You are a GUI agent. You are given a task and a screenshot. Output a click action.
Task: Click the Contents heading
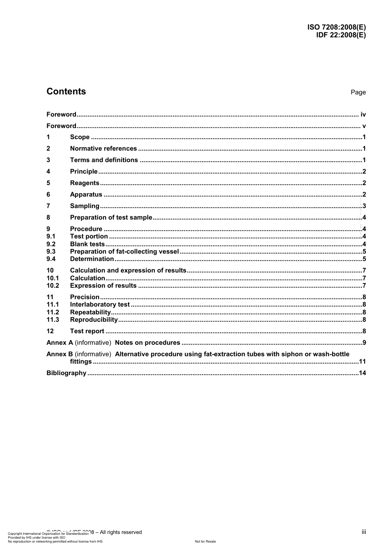point(66,92)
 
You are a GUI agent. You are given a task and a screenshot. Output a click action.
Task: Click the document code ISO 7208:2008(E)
point(336,27)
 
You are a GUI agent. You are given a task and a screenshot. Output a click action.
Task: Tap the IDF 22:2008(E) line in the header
point(341,35)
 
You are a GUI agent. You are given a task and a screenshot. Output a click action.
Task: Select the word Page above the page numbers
point(358,92)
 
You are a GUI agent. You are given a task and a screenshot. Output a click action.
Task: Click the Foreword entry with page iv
point(61,115)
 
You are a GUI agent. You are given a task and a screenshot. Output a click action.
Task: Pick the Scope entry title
point(80,137)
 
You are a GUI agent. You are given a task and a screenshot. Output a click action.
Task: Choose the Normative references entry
point(103,149)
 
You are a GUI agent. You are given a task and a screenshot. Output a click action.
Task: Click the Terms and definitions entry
point(104,160)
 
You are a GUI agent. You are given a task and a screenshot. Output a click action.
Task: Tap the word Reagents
point(85,183)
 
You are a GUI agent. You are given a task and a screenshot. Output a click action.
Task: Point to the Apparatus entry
point(86,195)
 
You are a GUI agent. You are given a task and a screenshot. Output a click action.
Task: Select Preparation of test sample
point(111,218)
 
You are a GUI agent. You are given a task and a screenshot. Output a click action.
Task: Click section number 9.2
point(51,244)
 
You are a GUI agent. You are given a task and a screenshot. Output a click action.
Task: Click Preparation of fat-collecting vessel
point(124,252)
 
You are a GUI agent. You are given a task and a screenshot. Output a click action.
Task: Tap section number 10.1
point(53,278)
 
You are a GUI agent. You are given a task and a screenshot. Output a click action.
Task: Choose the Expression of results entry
point(103,286)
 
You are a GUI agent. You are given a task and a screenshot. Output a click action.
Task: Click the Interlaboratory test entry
point(100,305)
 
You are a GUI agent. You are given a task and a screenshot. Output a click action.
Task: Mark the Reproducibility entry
point(94,320)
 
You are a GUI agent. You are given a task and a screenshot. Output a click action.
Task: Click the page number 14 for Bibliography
point(362,373)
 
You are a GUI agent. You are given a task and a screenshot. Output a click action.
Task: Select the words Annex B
point(60,354)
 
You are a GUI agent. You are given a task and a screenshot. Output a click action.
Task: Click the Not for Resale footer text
point(205,542)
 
